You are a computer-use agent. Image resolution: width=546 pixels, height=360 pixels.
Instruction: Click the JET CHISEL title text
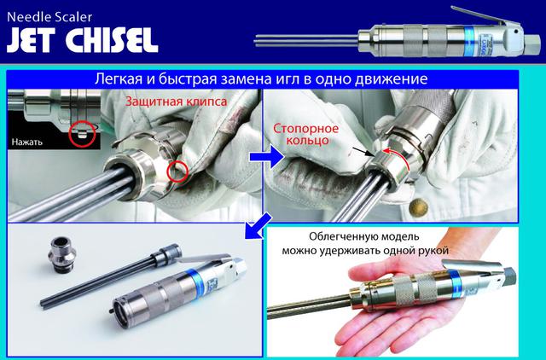83,40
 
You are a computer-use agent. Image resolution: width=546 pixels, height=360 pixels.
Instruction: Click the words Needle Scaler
49,16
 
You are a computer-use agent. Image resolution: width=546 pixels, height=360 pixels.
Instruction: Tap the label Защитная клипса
177,102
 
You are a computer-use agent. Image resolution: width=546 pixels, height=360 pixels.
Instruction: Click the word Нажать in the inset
26,142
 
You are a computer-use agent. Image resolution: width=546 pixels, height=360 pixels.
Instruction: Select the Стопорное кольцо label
305,134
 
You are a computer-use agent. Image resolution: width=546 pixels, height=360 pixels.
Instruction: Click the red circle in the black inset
82,134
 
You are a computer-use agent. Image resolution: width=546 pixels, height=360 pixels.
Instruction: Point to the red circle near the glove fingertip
177,171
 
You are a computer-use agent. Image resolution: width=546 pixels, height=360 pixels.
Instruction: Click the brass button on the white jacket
418,208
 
